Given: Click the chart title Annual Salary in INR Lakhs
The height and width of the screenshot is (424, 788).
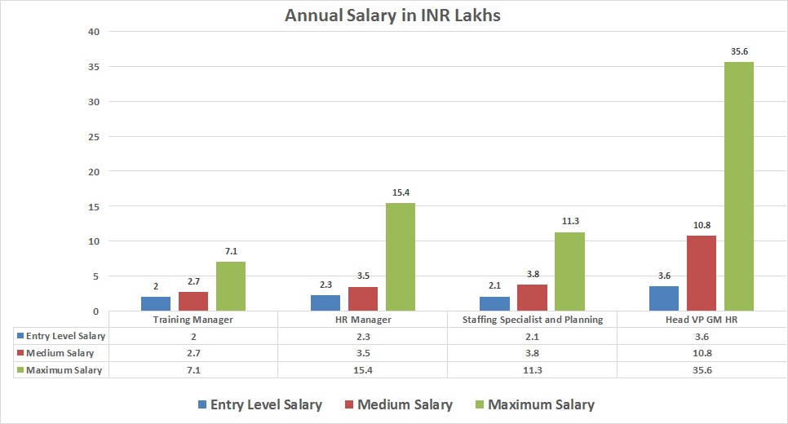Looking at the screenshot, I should click(393, 15).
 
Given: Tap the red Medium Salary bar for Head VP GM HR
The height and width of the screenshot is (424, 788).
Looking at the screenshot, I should click(702, 273).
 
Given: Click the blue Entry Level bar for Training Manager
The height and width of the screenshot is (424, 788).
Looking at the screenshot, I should click(156, 303).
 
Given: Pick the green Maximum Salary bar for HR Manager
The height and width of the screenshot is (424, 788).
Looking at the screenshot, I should click(400, 257).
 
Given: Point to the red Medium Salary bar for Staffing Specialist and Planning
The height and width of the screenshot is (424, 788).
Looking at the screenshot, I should click(532, 298).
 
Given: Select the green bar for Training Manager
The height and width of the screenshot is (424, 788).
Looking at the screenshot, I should click(230, 286).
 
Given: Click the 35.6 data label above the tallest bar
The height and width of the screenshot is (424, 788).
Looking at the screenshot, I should click(739, 51).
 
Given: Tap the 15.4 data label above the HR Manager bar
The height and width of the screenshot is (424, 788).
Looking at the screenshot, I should click(401, 192).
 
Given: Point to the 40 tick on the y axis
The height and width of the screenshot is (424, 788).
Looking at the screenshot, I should click(93, 32).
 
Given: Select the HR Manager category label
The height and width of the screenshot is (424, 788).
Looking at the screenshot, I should click(363, 320).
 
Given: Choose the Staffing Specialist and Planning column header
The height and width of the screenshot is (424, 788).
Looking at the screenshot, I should click(532, 320).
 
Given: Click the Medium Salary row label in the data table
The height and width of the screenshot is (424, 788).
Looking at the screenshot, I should click(60, 353).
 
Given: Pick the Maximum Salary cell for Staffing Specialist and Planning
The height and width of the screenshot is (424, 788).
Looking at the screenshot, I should click(532, 370).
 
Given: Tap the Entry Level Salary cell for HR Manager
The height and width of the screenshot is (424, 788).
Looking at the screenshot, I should click(363, 336).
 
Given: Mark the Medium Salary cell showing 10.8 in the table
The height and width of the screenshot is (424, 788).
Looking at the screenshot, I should click(701, 353).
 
